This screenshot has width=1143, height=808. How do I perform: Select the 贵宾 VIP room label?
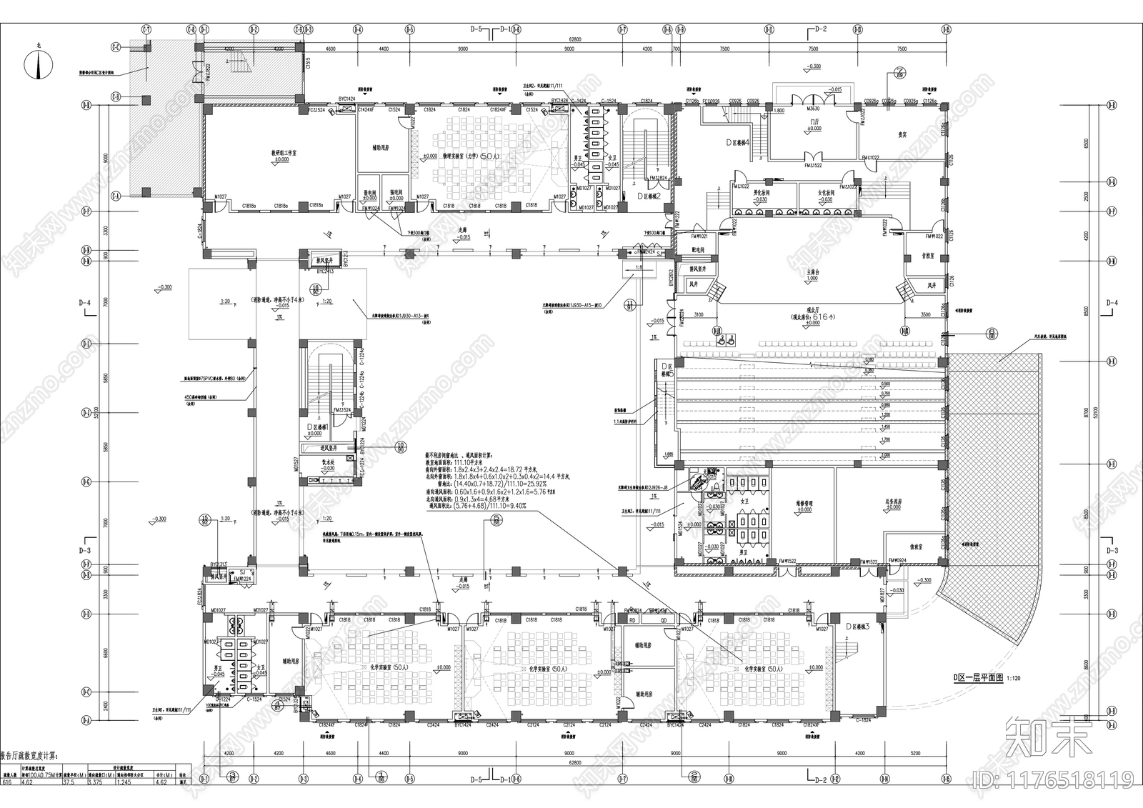pyautogui.click(x=902, y=134)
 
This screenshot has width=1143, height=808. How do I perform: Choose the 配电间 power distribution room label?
pyautogui.click(x=699, y=251)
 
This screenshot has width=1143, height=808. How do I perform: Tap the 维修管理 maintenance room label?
pyautogui.click(x=804, y=503)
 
